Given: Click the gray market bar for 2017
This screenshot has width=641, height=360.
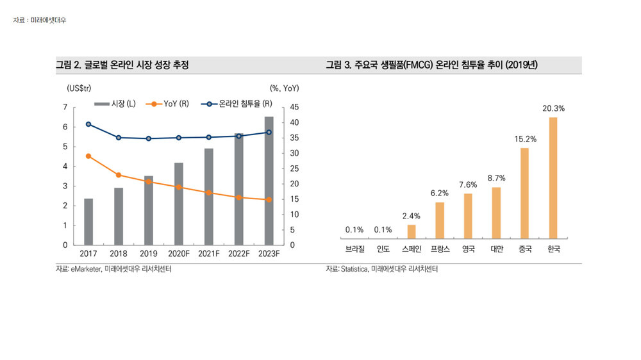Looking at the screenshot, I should (x=88, y=222).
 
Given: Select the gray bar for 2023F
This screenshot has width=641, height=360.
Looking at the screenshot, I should (x=269, y=181).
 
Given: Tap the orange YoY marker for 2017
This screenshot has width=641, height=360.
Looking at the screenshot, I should (x=88, y=156).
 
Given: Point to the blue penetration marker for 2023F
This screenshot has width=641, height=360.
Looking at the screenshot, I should (x=269, y=133).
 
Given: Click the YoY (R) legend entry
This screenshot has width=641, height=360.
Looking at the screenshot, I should (x=168, y=104).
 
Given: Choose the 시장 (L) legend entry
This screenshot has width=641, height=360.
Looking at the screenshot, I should (x=115, y=104).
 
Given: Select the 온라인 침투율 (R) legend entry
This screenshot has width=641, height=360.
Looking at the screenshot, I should (x=236, y=104).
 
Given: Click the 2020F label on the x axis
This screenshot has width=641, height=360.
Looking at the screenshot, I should (x=178, y=254).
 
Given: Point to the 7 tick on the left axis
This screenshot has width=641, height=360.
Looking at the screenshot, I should (x=65, y=107).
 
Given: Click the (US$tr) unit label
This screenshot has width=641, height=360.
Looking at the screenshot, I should (x=79, y=87).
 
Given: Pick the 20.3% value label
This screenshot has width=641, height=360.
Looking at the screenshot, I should (x=553, y=109).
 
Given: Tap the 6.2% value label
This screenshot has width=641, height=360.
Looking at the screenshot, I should (x=440, y=193).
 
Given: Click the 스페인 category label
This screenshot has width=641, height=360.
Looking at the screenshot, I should (x=412, y=249).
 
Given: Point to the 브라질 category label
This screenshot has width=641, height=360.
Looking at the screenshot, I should (x=354, y=249).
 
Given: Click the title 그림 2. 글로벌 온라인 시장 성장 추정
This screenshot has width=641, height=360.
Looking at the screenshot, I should (x=122, y=65).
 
